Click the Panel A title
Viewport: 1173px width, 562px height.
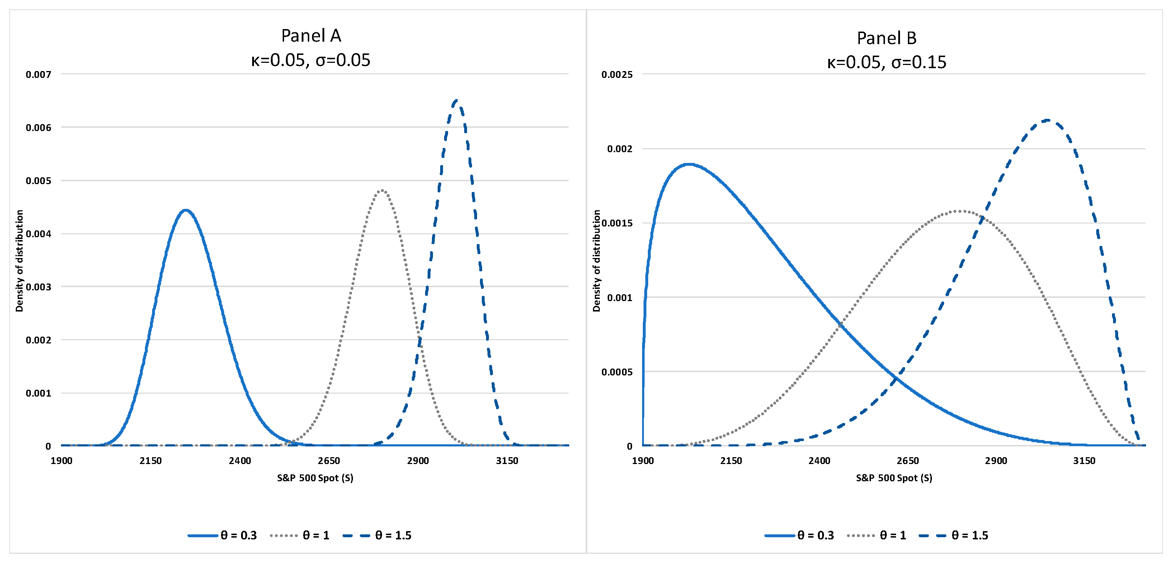[311, 36]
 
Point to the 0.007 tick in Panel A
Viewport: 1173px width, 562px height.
[38, 74]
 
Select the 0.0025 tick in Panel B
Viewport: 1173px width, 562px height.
[617, 74]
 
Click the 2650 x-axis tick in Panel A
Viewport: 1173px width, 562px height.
[329, 460]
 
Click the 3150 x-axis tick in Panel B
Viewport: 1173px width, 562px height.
[1084, 460]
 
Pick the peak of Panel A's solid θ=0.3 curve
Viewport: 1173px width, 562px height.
[185, 210]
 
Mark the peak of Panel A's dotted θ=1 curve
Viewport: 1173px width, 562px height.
[382, 190]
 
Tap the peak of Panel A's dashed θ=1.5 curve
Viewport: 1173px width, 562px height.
[456, 100]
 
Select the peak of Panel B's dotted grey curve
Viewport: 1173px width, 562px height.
[960, 211]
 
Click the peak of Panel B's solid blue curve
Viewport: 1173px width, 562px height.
[689, 164]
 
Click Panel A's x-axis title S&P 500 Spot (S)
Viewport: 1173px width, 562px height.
[315, 478]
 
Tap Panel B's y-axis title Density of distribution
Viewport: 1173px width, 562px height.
[596, 261]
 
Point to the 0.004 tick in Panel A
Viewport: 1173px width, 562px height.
[38, 234]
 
